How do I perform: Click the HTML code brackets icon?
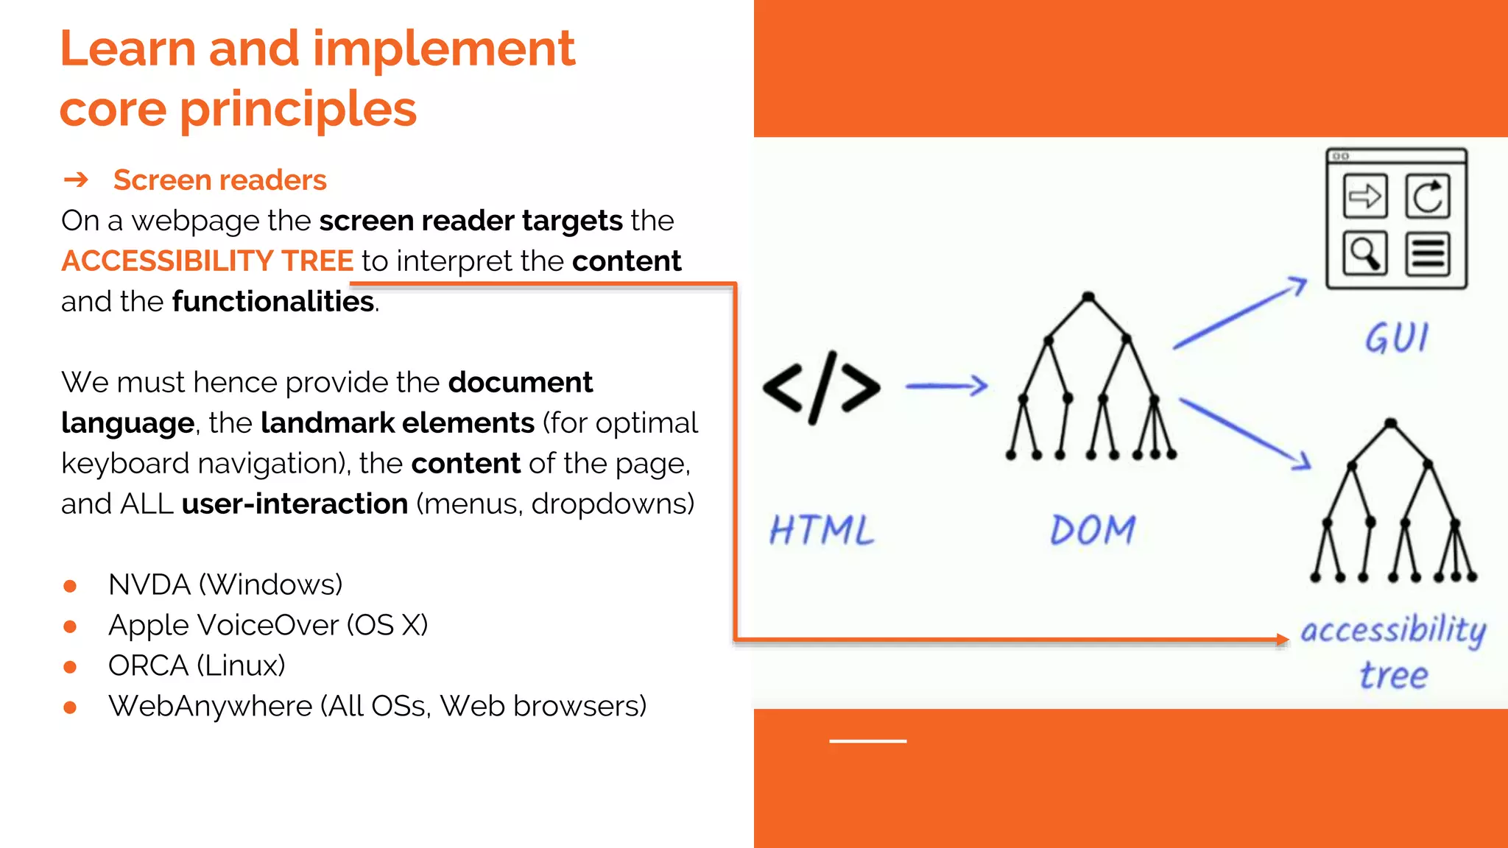tap(822, 388)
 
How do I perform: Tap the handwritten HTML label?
tap(822, 530)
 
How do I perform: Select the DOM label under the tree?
tap(1093, 530)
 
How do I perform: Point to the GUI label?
tap(1397, 339)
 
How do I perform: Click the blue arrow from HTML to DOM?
tap(946, 386)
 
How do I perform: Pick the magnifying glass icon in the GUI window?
tap(1364, 254)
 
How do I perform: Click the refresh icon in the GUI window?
tap(1428, 197)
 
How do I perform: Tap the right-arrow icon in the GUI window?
tap(1364, 197)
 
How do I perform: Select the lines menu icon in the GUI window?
tap(1428, 254)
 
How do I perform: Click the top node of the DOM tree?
tap(1088, 297)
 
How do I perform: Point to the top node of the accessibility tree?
tap(1390, 423)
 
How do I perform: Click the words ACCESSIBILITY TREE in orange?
tap(208, 261)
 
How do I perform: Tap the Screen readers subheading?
tap(219, 180)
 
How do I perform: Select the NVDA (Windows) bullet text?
tap(225, 584)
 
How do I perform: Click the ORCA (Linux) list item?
tap(197, 665)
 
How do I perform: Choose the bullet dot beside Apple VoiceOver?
tap(70, 626)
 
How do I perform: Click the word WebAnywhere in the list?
tap(211, 706)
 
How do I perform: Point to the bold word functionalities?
tap(273, 302)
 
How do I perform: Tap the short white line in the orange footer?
tap(867, 741)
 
